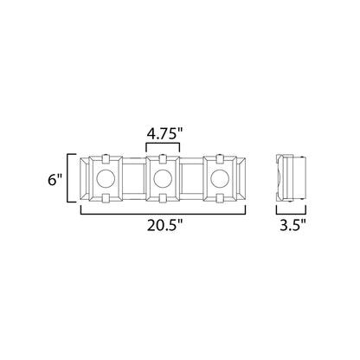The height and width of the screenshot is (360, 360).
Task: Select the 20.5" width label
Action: (164, 227)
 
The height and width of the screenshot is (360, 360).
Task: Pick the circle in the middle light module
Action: (162, 180)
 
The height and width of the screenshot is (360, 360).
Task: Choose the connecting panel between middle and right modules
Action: (189, 180)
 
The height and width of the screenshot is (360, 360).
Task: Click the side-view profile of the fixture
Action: (291, 180)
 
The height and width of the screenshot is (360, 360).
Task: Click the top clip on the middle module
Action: (162, 157)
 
